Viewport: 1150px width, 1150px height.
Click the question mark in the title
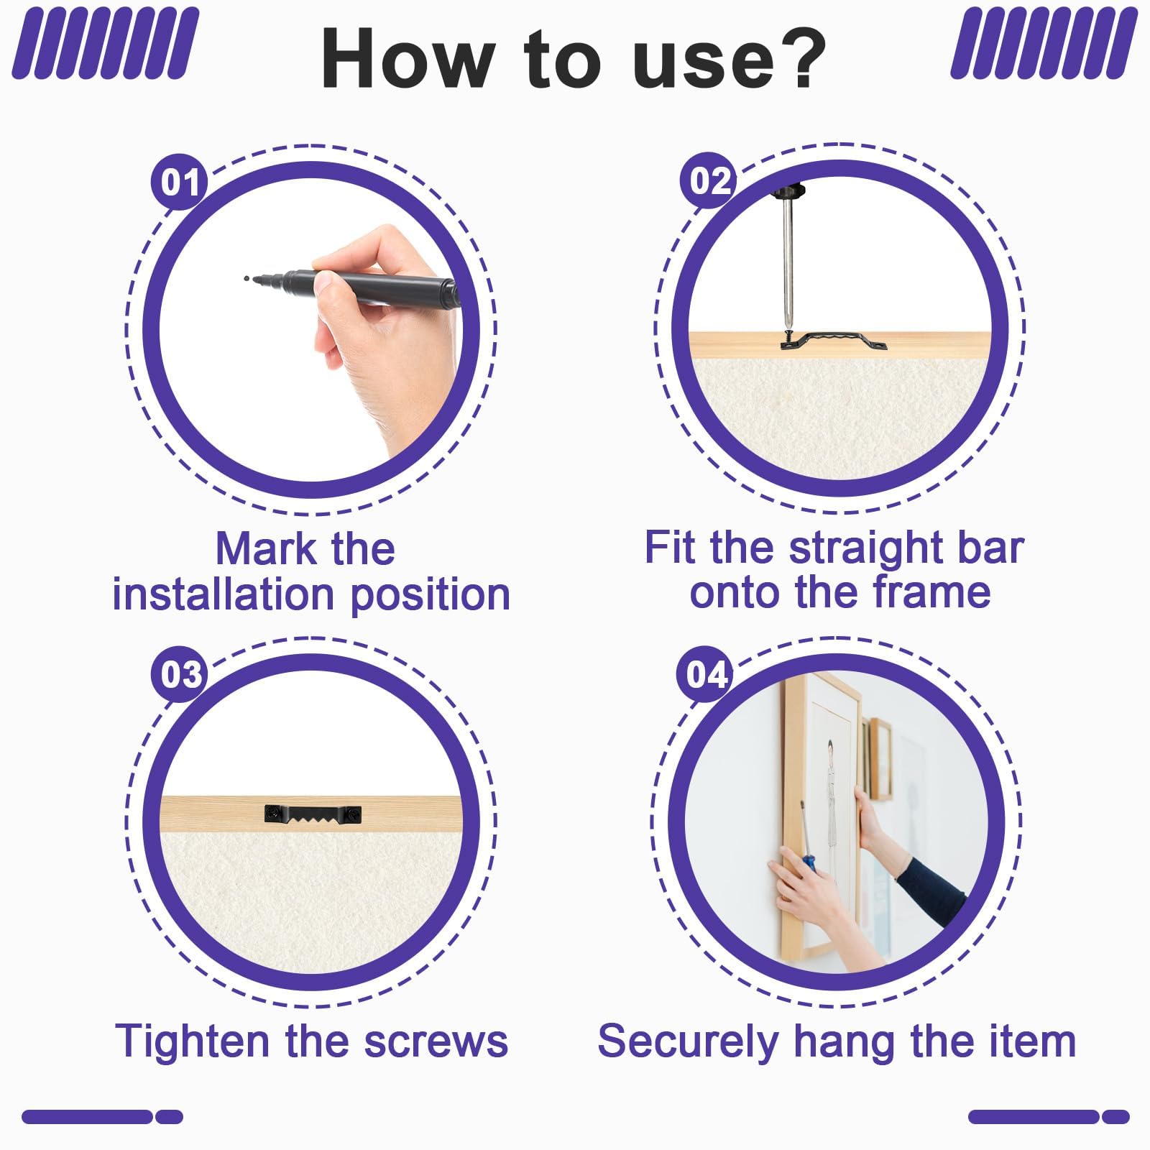[796, 58]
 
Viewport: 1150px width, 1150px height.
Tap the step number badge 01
[180, 182]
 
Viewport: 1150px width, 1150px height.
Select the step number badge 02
[709, 180]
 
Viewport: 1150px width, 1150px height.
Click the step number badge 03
[180, 674]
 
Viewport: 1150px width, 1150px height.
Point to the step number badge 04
[706, 674]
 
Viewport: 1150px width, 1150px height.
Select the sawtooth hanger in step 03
[313, 814]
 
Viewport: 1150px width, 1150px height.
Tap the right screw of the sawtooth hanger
[353, 814]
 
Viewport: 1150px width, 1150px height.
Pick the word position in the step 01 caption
[431, 597]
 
